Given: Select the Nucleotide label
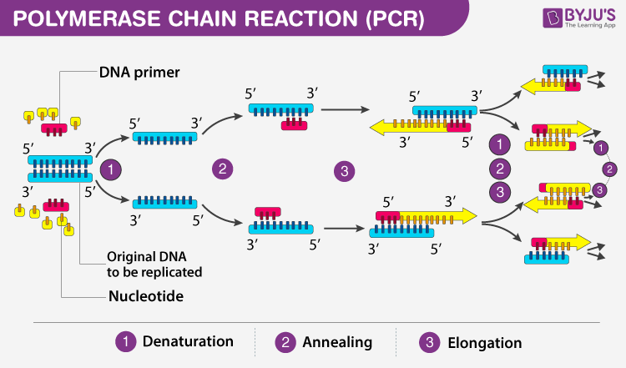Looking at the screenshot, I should point(146,295).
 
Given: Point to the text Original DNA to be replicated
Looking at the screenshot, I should point(154,264).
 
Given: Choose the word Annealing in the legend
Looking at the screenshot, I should point(337,342).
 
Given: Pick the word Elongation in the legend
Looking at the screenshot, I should point(483,342).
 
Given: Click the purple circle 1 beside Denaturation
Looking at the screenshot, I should point(126,341).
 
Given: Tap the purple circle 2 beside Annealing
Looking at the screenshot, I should point(285,341).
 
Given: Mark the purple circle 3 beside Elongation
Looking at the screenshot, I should point(429,341).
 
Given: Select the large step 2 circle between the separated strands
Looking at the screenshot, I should point(222,169).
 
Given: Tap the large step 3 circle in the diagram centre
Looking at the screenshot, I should point(343,173).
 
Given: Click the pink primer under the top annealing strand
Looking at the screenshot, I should point(293,124).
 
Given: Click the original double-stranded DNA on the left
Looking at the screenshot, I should point(59,168).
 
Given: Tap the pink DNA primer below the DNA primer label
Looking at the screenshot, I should point(56,130).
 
